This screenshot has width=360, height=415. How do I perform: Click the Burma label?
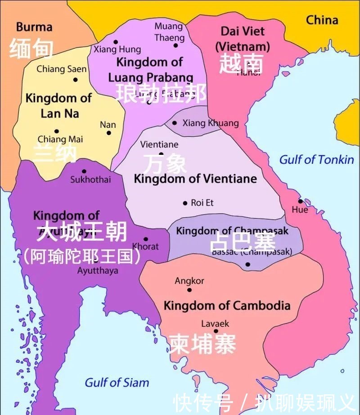click(34, 27)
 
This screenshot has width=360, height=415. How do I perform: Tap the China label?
click(322, 20)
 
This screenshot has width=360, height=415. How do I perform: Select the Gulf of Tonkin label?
click(316, 160)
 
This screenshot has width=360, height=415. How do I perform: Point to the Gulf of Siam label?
click(117, 383)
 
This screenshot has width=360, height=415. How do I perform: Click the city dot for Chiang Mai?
click(57, 131)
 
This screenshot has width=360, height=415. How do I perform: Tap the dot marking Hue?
click(300, 201)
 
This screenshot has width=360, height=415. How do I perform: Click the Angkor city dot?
click(189, 290)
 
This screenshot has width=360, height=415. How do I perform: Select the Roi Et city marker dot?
click(185, 203)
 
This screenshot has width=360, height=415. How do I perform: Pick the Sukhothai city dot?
click(84, 171)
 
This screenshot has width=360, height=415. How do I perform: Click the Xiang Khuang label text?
click(210, 123)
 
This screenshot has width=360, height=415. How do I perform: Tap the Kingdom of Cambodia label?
click(227, 306)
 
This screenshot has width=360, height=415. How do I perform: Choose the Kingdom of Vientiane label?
click(195, 179)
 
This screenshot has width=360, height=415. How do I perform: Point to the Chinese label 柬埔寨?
click(202, 344)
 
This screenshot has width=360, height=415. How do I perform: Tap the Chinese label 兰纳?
click(55, 153)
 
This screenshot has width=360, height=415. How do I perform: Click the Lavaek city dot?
click(216, 331)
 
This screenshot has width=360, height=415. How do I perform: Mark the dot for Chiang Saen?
click(75, 80)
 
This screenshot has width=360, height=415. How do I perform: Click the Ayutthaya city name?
click(98, 271)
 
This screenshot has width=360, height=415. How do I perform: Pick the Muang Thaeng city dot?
click(175, 45)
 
